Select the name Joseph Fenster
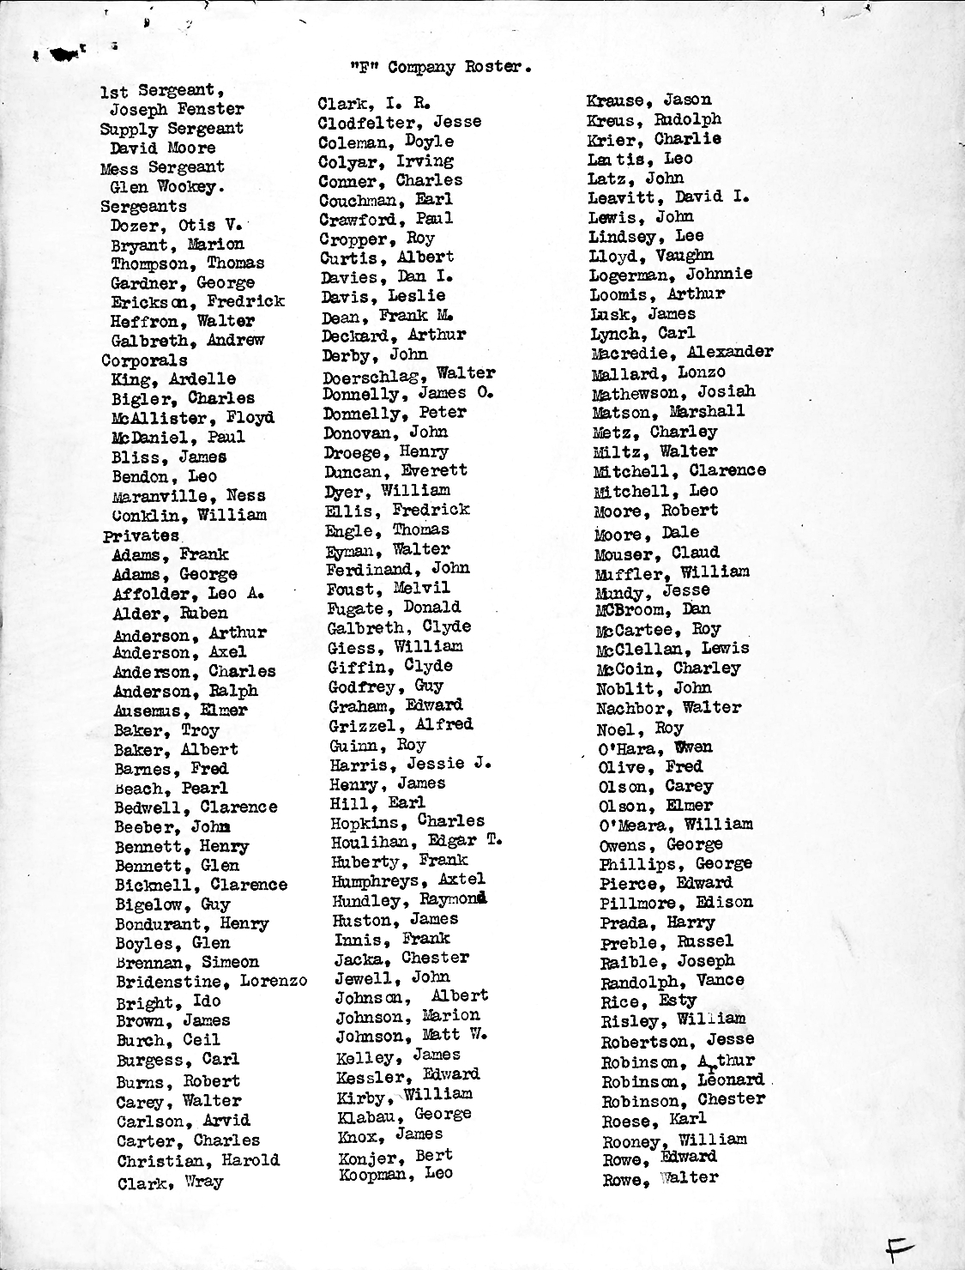click(177, 110)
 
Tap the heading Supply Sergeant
click(172, 129)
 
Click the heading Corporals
click(144, 360)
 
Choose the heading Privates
click(141, 535)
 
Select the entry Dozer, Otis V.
click(176, 226)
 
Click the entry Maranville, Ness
click(189, 496)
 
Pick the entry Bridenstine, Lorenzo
click(211, 982)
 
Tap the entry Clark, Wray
click(170, 1182)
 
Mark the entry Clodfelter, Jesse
click(400, 123)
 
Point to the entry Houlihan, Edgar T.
click(417, 841)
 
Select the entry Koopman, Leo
click(395, 1174)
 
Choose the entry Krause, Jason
click(649, 100)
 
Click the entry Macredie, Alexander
click(682, 353)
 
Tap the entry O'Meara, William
click(676, 825)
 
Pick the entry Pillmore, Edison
click(676, 903)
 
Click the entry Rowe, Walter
click(660, 1179)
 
